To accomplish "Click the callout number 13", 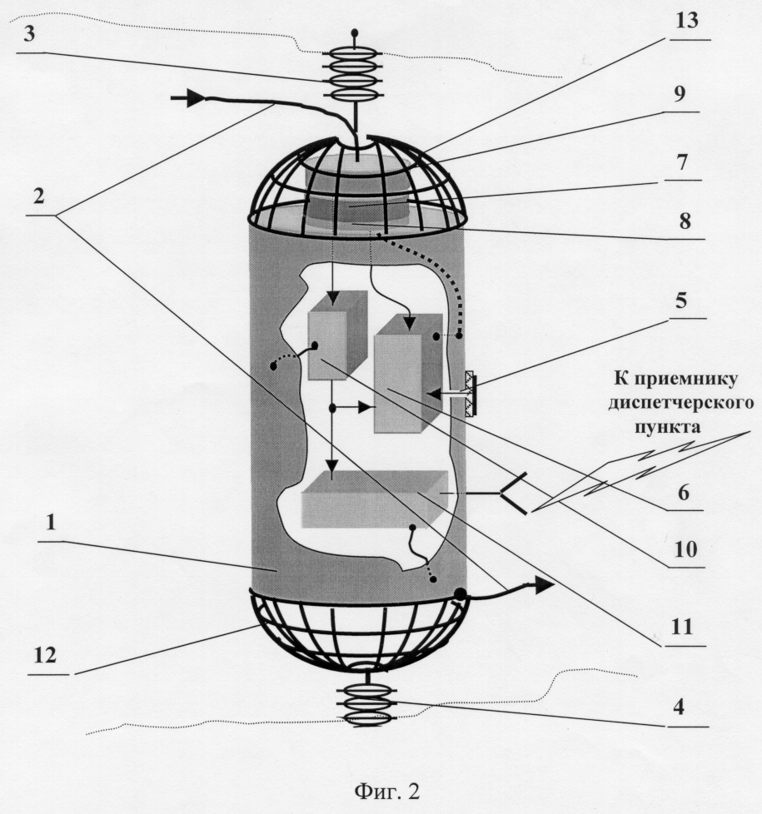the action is tap(687, 21).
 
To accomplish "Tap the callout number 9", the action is tap(680, 93).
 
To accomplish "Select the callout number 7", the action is tap(683, 162).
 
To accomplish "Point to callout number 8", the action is tap(685, 221).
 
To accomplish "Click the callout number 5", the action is tap(681, 300).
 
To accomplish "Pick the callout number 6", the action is tap(684, 492).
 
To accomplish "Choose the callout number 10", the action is tap(685, 548).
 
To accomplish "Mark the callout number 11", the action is tap(682, 627).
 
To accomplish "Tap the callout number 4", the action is tap(679, 707).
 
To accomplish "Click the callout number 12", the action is tap(45, 655).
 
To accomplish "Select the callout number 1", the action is tap(51, 522).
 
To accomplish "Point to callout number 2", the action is tap(38, 196).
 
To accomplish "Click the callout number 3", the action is tap(30, 34).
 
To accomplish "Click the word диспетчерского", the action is tap(681, 403).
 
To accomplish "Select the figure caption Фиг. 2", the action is tap(387, 792).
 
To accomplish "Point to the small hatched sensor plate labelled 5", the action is tap(470, 393).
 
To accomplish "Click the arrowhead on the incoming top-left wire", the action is tap(194, 97).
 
